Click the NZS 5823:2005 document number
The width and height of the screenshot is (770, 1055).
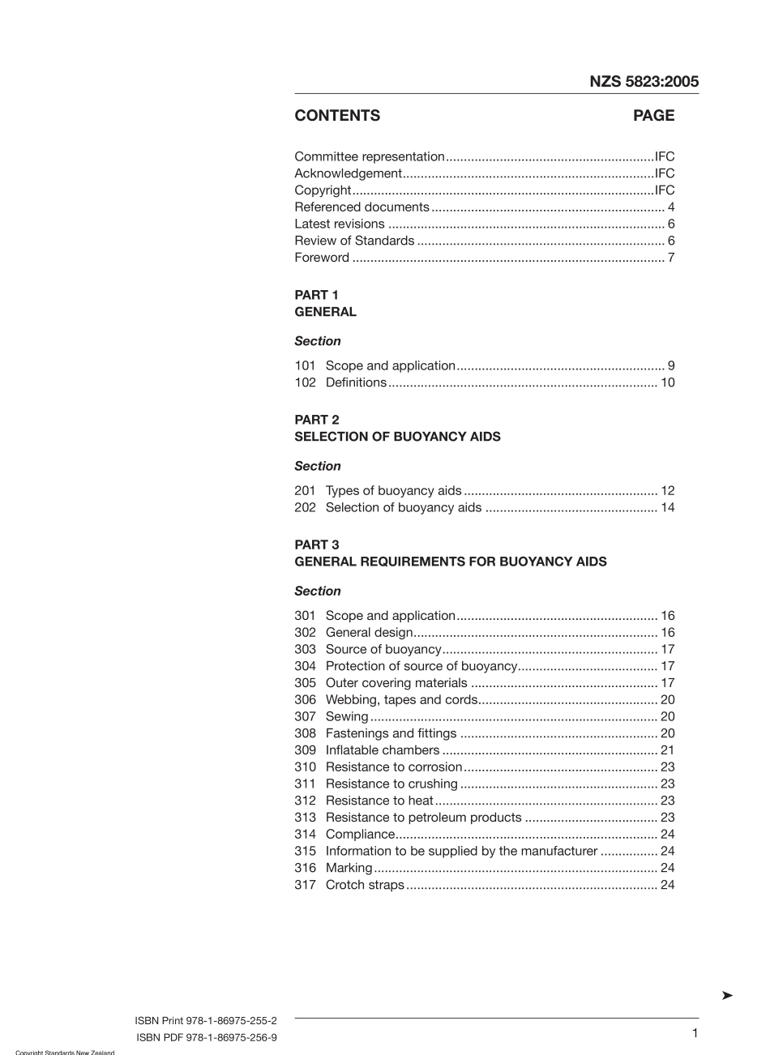point(644,81)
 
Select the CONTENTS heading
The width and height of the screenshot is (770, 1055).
point(337,116)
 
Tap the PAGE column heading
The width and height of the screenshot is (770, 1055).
point(653,116)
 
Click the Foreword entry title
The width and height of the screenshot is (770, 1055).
point(322,258)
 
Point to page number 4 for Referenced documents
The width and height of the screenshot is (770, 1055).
point(670,207)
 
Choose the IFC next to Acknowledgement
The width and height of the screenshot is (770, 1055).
point(664,173)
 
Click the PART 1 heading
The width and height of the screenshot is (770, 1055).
point(316,295)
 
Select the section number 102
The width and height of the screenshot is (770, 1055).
point(305,382)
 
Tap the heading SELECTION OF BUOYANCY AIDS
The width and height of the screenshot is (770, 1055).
point(397,437)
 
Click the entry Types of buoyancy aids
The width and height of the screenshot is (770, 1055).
point(393,490)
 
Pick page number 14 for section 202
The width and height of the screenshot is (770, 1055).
point(667,507)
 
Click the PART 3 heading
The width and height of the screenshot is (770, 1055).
point(316,545)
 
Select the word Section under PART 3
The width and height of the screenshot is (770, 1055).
point(318,591)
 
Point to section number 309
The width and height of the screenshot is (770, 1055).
point(305,750)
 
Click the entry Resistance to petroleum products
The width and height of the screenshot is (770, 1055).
point(423,818)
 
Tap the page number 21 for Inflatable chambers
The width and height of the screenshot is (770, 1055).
point(667,750)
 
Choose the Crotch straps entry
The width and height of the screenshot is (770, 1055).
point(364,885)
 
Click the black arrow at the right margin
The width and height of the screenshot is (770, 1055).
point(727,995)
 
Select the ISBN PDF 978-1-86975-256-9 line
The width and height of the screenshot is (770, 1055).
point(207,1037)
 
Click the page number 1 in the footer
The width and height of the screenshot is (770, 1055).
point(695,1032)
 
